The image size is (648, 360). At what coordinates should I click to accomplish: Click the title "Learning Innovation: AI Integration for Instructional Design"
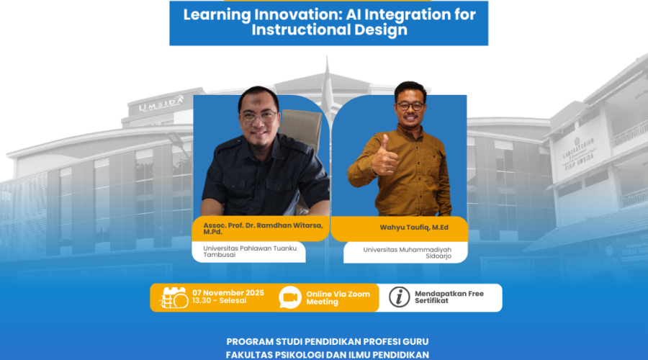[329, 22]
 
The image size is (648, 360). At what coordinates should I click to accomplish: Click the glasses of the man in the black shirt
[258, 117]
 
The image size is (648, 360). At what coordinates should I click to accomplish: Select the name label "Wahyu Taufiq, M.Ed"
[414, 228]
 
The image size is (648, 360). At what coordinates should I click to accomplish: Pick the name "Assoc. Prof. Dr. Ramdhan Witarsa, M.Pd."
[263, 228]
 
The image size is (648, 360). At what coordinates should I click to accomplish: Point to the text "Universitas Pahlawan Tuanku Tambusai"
[250, 251]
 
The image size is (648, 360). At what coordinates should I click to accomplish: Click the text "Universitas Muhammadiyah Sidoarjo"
[408, 253]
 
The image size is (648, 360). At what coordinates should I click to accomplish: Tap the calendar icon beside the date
[174, 297]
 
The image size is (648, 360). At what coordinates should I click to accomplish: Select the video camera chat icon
[290, 297]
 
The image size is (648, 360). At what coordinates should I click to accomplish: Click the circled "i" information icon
[399, 297]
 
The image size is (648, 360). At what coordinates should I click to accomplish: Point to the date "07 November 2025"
[228, 293]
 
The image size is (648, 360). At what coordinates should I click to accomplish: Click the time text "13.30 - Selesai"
[220, 300]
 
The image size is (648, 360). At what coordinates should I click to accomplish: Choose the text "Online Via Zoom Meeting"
[338, 298]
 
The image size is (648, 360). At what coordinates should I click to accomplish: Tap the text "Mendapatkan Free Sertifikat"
[449, 297]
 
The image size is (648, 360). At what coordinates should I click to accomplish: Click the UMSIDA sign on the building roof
[161, 104]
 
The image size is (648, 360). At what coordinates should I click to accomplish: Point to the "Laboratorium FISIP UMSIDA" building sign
[579, 154]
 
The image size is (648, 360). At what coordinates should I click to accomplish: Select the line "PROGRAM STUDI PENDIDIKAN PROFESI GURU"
[328, 342]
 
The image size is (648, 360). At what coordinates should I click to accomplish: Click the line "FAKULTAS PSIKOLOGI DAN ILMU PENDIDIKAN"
[328, 355]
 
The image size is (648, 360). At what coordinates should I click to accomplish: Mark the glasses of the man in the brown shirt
[410, 106]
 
